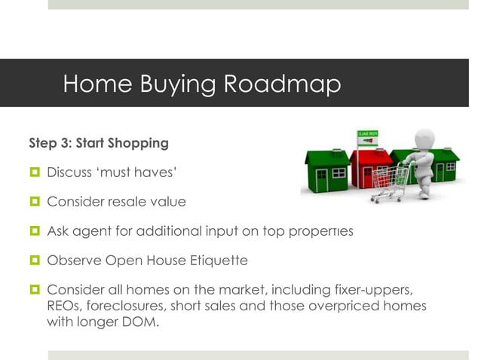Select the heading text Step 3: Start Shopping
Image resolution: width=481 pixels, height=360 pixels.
click(x=99, y=142)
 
